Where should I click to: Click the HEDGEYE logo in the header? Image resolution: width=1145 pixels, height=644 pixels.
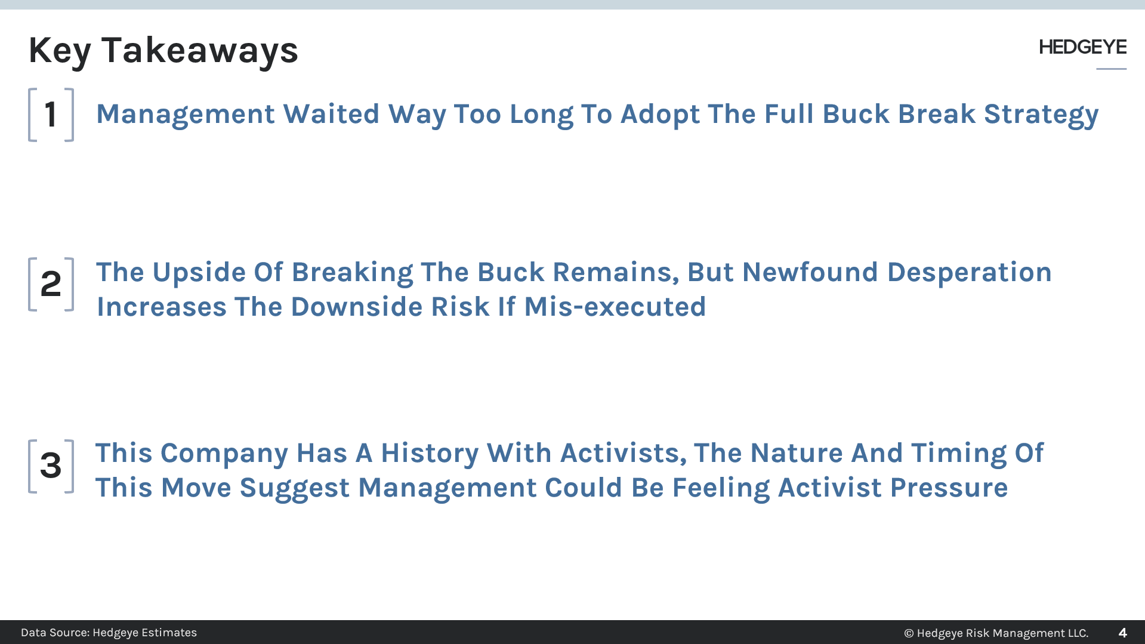(x=1082, y=47)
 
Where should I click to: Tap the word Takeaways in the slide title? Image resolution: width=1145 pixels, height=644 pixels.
(x=199, y=50)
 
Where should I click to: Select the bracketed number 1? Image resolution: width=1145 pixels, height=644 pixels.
(x=51, y=115)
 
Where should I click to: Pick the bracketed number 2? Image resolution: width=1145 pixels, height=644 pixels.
(x=51, y=284)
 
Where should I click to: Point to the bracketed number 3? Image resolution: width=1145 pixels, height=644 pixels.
(x=51, y=466)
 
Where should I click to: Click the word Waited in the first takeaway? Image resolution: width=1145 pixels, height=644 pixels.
(x=331, y=114)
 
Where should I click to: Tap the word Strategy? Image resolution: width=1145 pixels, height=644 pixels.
(x=1041, y=114)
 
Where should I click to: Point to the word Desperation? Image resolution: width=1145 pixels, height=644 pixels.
(x=969, y=272)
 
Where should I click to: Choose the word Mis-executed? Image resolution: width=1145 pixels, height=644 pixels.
(x=615, y=307)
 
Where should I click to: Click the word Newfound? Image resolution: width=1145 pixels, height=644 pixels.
(x=810, y=272)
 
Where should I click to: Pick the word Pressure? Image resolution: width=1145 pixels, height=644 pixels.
(x=949, y=488)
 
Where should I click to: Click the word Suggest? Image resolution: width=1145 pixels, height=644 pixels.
(x=294, y=488)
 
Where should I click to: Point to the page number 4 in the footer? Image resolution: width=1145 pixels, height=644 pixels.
(x=1122, y=633)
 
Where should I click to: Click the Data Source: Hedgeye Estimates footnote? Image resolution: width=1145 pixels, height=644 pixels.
(x=109, y=633)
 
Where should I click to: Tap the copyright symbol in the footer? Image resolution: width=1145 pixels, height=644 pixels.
(x=909, y=633)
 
